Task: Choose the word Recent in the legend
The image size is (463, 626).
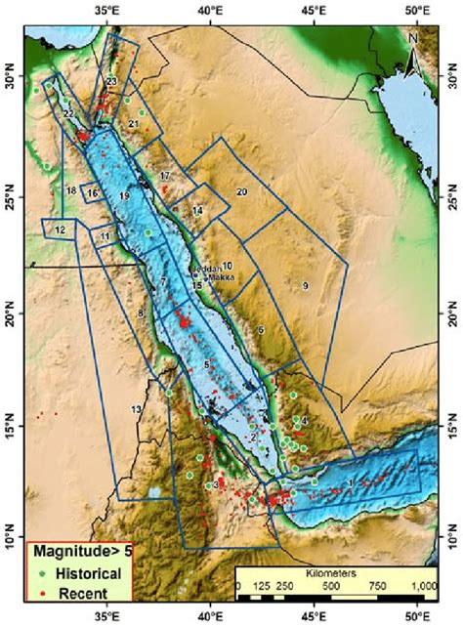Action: click(x=75, y=594)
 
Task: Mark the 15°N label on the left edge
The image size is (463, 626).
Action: click(x=12, y=426)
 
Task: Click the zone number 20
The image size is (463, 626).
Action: click(x=241, y=191)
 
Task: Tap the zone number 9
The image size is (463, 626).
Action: click(x=306, y=285)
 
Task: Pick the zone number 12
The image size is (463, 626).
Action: click(x=61, y=230)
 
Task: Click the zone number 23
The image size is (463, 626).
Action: click(x=112, y=81)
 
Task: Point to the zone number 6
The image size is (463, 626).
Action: click(x=262, y=330)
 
